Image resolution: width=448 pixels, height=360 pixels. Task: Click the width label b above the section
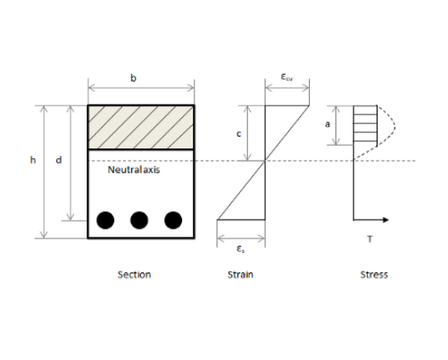pyautogui.click(x=133, y=78)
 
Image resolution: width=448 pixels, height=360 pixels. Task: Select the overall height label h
pyautogui.click(x=33, y=160)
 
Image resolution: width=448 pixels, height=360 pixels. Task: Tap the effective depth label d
pyautogui.click(x=59, y=160)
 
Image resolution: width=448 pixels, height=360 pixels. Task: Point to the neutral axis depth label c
pyautogui.click(x=238, y=134)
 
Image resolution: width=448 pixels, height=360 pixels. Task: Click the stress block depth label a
pyautogui.click(x=328, y=124)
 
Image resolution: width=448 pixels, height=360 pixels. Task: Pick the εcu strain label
pyautogui.click(x=286, y=77)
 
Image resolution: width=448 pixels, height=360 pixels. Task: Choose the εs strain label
pyautogui.click(x=241, y=248)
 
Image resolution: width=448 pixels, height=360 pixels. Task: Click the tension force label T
pyautogui.click(x=369, y=239)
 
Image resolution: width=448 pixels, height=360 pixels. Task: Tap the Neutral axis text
pyautogui.click(x=134, y=170)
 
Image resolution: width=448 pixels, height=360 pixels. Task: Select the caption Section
pyautogui.click(x=134, y=274)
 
